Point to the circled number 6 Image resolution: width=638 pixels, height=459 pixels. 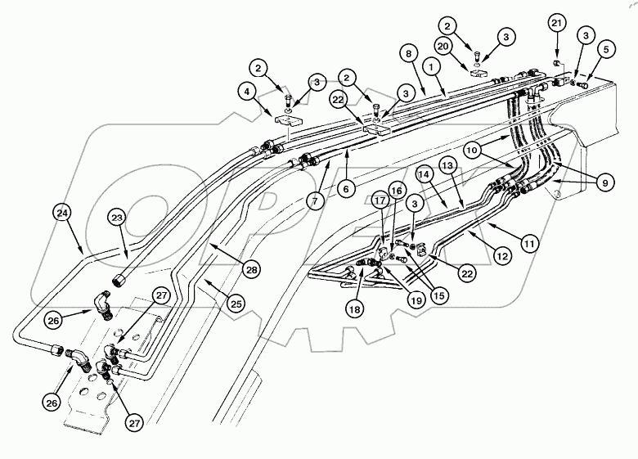coord(345,188)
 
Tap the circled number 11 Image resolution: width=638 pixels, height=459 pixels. coord(529,243)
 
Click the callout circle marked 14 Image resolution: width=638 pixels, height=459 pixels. coord(423,174)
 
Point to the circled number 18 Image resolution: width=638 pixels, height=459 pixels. coord(354,310)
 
